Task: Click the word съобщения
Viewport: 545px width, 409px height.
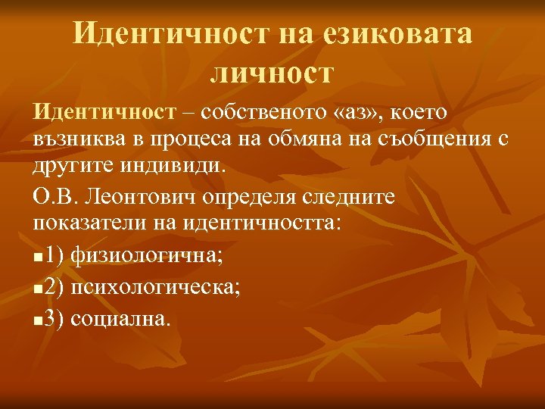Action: pyautogui.click(x=445, y=140)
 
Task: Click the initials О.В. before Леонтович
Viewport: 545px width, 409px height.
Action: pyautogui.click(x=56, y=199)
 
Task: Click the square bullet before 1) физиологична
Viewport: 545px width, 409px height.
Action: pyautogui.click(x=38, y=256)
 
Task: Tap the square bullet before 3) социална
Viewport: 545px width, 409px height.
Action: pyautogui.click(x=38, y=319)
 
